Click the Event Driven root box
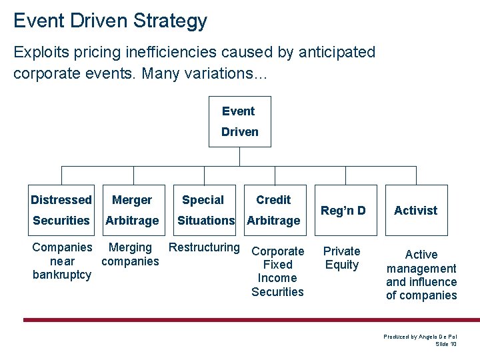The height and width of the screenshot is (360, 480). click(239, 121)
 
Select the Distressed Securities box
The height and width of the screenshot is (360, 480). click(61, 210)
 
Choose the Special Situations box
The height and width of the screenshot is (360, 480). click(204, 210)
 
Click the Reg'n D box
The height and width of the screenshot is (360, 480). click(343, 210)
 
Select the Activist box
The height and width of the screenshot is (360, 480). click(415, 210)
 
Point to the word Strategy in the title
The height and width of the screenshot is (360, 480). click(170, 21)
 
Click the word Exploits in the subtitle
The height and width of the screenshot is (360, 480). click(39, 52)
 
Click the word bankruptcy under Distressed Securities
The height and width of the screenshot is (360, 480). click(62, 275)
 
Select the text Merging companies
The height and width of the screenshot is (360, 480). click(130, 254)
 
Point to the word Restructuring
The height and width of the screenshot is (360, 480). click(204, 247)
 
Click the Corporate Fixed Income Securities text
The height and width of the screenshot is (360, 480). click(277, 271)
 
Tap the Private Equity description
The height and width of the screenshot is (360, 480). click(341, 258)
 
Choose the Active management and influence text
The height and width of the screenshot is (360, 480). click(421, 275)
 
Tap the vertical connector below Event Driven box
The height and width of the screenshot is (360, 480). click(239, 156)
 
